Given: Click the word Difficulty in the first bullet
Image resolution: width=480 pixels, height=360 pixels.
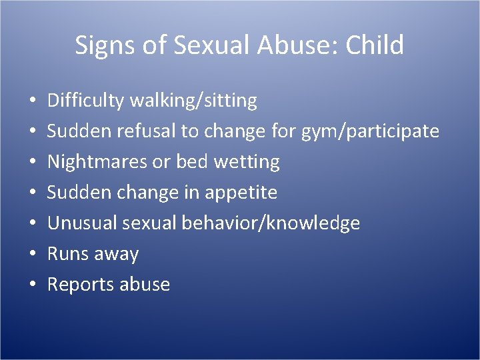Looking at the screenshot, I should click(x=86, y=101).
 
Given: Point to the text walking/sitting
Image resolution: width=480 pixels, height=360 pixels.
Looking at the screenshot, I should click(x=193, y=101).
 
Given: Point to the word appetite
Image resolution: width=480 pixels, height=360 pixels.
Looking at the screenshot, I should click(x=243, y=193).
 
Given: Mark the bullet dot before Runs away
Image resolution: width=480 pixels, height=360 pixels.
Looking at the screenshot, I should click(x=33, y=255).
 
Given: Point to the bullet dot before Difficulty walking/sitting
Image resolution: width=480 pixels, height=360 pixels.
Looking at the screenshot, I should click(x=33, y=101).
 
